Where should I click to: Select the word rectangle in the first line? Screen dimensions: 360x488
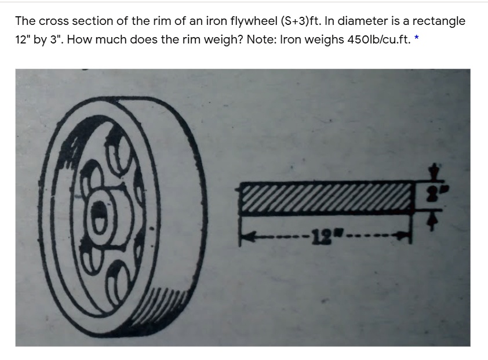click(439, 21)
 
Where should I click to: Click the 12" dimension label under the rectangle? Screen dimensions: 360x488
click(320, 236)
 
